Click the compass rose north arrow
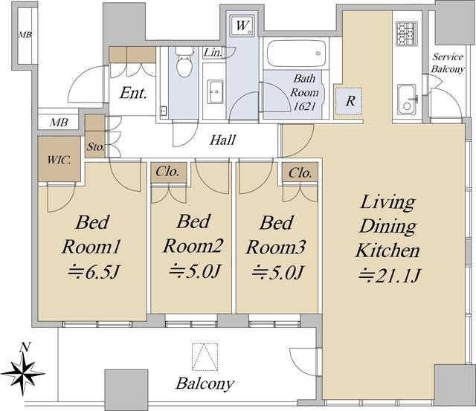click(x=23, y=371)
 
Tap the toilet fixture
click(x=184, y=62)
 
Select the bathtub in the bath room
click(x=296, y=54)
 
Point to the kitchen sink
click(x=407, y=100)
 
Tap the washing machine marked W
click(x=242, y=25)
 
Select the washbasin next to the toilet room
click(x=215, y=91)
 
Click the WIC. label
click(x=59, y=160)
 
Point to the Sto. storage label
click(x=96, y=147)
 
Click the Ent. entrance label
click(x=133, y=93)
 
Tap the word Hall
click(x=222, y=140)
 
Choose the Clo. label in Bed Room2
click(x=167, y=172)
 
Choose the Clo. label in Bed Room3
click(x=300, y=173)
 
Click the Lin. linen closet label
click(x=213, y=53)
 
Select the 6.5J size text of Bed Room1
click(x=94, y=272)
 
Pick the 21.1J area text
click(x=390, y=276)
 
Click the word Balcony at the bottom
click(x=205, y=384)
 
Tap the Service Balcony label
click(x=448, y=62)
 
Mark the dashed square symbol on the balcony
click(x=205, y=357)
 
